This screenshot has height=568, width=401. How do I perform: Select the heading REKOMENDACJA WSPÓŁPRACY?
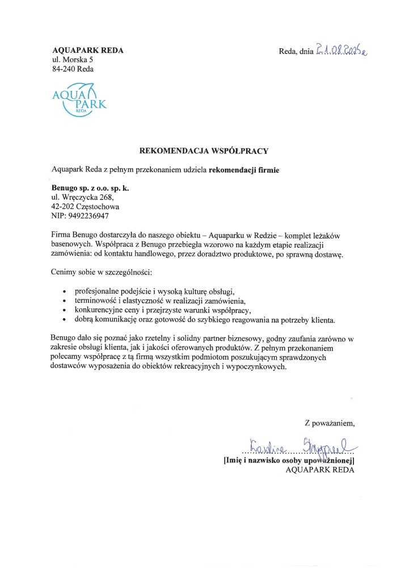pos(204,151)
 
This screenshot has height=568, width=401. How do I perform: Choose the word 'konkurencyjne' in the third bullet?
pos(98,310)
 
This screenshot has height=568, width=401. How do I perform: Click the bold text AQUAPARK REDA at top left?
pos(87,51)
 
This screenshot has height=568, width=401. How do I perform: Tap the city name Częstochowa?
pos(95,207)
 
